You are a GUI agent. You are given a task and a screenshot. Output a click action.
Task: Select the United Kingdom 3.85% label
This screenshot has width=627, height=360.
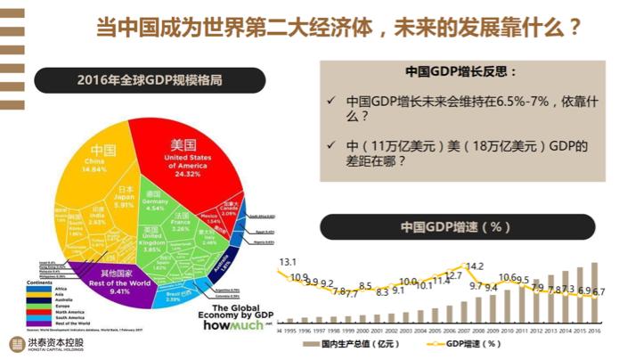click(x=151, y=240)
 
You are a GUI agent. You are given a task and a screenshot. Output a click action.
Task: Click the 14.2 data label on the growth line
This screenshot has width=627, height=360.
click(x=474, y=266)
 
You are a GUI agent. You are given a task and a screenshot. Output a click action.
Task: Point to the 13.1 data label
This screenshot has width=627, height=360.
click(x=287, y=262)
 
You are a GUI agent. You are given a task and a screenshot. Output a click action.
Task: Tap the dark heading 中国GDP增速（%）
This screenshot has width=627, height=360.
click(x=456, y=226)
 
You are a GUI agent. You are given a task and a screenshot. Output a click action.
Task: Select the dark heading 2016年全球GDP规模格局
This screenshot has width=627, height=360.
click(x=150, y=81)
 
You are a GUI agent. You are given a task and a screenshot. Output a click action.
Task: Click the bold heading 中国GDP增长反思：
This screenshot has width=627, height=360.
click(x=460, y=70)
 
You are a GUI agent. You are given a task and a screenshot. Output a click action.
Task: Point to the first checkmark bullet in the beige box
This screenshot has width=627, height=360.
click(x=331, y=101)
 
